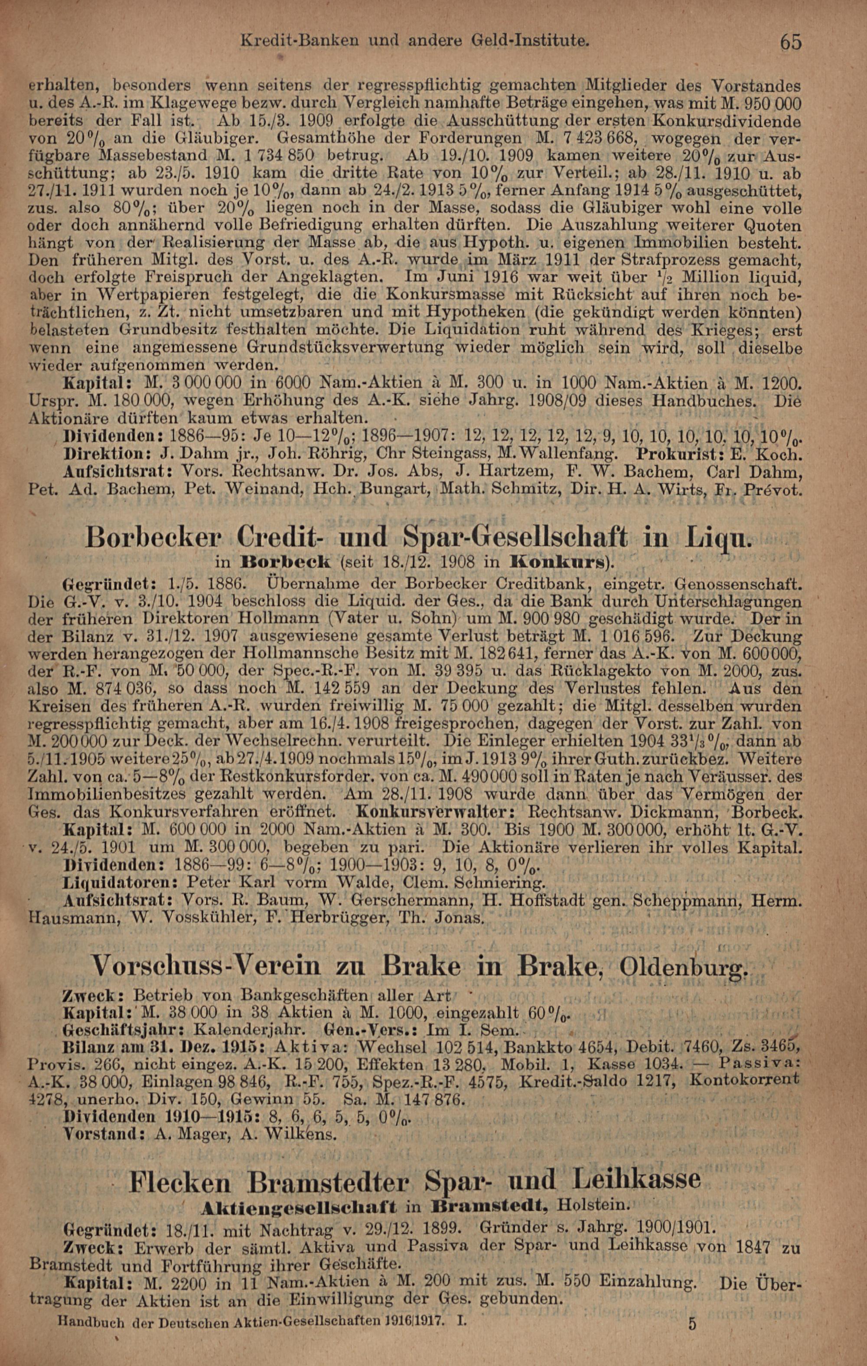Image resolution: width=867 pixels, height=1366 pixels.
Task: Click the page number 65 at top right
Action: coord(790,42)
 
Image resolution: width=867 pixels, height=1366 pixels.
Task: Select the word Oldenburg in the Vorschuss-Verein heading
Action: coord(684,965)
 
